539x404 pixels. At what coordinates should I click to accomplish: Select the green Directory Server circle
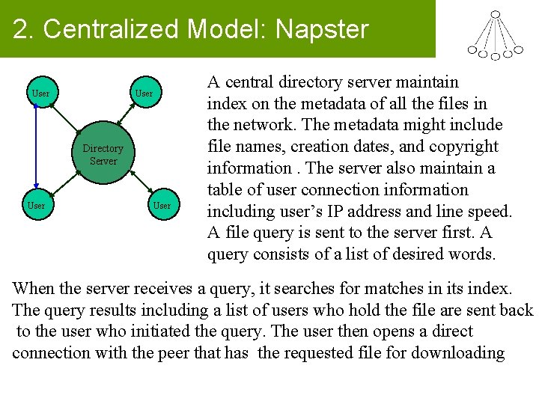(103, 155)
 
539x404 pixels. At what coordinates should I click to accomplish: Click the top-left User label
(40, 94)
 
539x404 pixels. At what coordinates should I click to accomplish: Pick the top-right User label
(143, 94)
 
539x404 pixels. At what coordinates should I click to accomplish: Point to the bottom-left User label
(36, 205)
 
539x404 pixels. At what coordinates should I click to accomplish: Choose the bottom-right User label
(162, 205)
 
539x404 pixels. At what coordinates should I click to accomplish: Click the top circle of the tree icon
(495, 13)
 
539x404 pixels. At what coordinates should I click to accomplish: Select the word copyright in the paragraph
(465, 146)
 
